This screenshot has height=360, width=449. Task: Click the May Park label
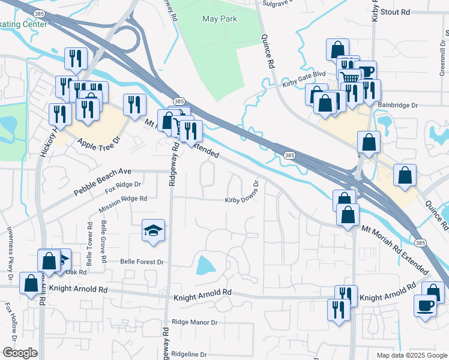[x=219, y=19]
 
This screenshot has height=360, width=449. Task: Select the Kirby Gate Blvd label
[x=303, y=85]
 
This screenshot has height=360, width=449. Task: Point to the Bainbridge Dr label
[x=397, y=105]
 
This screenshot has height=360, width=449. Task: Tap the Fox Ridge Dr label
[x=122, y=188]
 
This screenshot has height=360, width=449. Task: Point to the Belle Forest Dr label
[x=142, y=262]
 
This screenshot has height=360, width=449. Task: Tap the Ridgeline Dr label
[x=188, y=355]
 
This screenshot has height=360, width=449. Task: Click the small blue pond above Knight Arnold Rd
[x=205, y=265]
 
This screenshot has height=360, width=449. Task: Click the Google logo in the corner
[x=19, y=353]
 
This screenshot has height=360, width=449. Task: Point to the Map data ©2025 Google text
[x=411, y=355]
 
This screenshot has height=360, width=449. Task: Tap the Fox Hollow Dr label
[x=10, y=320]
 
